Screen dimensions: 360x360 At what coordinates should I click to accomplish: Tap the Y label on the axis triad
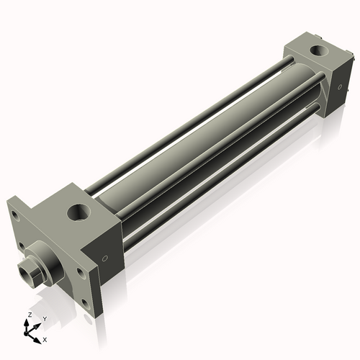[x=45, y=318]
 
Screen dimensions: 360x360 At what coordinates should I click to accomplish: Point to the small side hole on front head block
[x=106, y=258]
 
